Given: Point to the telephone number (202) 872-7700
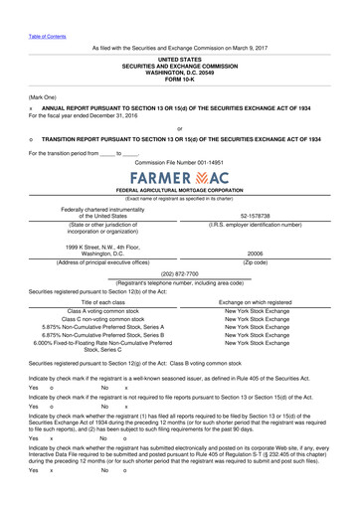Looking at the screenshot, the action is click(179, 272).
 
